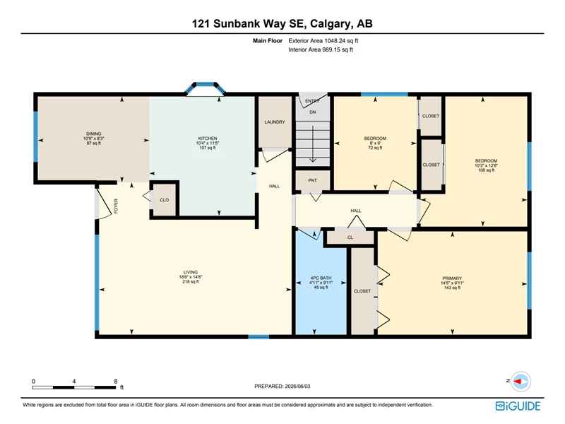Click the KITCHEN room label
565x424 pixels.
click(x=208, y=139)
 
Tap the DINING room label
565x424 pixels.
click(x=94, y=134)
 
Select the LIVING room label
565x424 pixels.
click(x=191, y=273)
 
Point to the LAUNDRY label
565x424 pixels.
click(x=275, y=122)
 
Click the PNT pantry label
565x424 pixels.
click(x=312, y=180)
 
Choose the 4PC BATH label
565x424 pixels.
click(x=321, y=278)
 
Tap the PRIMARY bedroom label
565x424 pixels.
click(x=452, y=278)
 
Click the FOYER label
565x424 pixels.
click(x=116, y=206)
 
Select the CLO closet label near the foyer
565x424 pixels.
click(x=165, y=200)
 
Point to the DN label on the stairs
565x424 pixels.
click(x=313, y=112)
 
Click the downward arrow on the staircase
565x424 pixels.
click(x=313, y=144)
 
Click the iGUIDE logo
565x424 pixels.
click(x=518, y=406)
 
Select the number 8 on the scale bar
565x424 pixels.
click(x=116, y=382)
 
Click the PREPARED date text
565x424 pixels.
click(x=282, y=386)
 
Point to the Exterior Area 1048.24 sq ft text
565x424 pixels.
click(x=323, y=41)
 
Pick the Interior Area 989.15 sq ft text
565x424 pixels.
click(x=321, y=49)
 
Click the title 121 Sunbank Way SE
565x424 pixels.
click(x=249, y=24)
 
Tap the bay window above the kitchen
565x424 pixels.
click(x=205, y=87)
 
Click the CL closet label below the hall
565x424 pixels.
click(x=350, y=237)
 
